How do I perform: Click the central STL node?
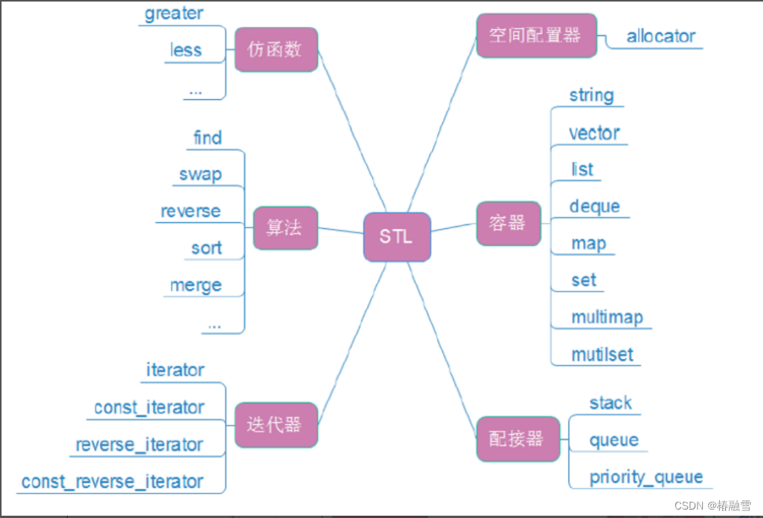(397, 236)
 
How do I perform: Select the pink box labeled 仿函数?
(276, 50)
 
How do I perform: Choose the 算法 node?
(285, 227)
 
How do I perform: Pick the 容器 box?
(508, 223)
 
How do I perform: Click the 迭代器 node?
(276, 425)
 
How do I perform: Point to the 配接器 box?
(517, 439)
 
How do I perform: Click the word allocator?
(661, 36)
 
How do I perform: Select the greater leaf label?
(174, 14)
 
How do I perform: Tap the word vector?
(595, 133)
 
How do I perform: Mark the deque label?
(595, 207)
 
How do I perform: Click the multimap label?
(607, 317)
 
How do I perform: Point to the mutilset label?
(602, 354)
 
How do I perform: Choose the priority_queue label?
(646, 476)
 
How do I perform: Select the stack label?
(611, 403)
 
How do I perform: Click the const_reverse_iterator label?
(112, 482)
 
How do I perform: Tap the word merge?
(196, 285)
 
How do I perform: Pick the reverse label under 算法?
(190, 211)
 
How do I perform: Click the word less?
(186, 51)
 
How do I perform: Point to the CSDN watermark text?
(712, 506)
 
